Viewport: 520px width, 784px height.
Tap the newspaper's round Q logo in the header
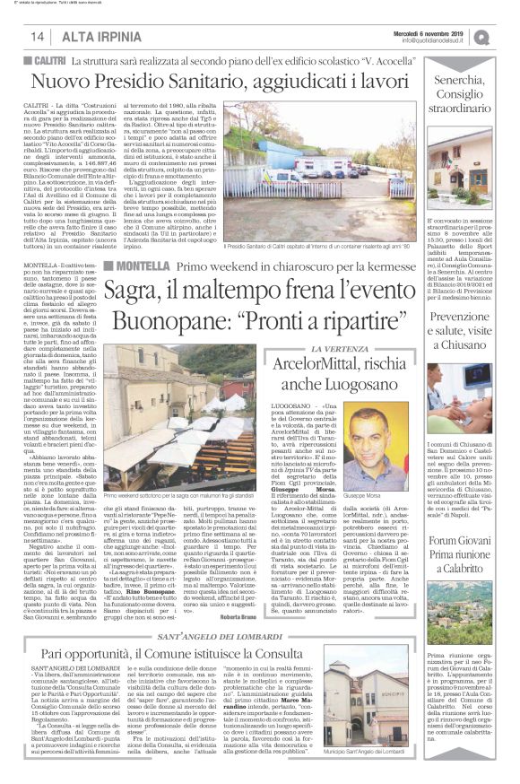pyautogui.click(x=507, y=37)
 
